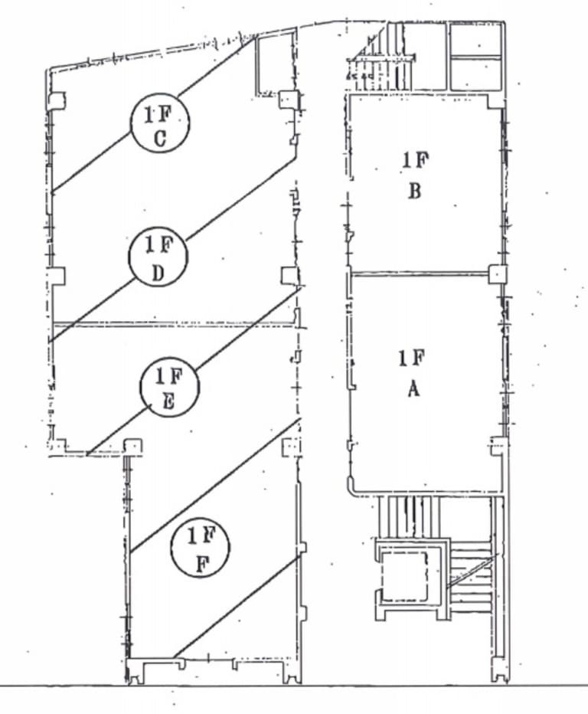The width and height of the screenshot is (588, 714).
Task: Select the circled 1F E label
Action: click(169, 388)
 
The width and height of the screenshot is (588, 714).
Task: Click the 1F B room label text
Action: click(415, 175)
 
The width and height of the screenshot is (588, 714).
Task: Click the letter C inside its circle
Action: click(161, 139)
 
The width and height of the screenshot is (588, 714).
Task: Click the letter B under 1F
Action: click(415, 190)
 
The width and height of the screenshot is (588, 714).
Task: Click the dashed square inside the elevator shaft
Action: click(405, 575)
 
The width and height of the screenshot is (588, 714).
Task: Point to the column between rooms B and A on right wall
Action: click(497, 273)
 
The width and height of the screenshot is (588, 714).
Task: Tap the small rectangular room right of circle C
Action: click(275, 63)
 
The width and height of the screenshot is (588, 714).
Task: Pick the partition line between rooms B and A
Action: click(420, 272)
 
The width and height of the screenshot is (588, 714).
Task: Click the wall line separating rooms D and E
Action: click(172, 323)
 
